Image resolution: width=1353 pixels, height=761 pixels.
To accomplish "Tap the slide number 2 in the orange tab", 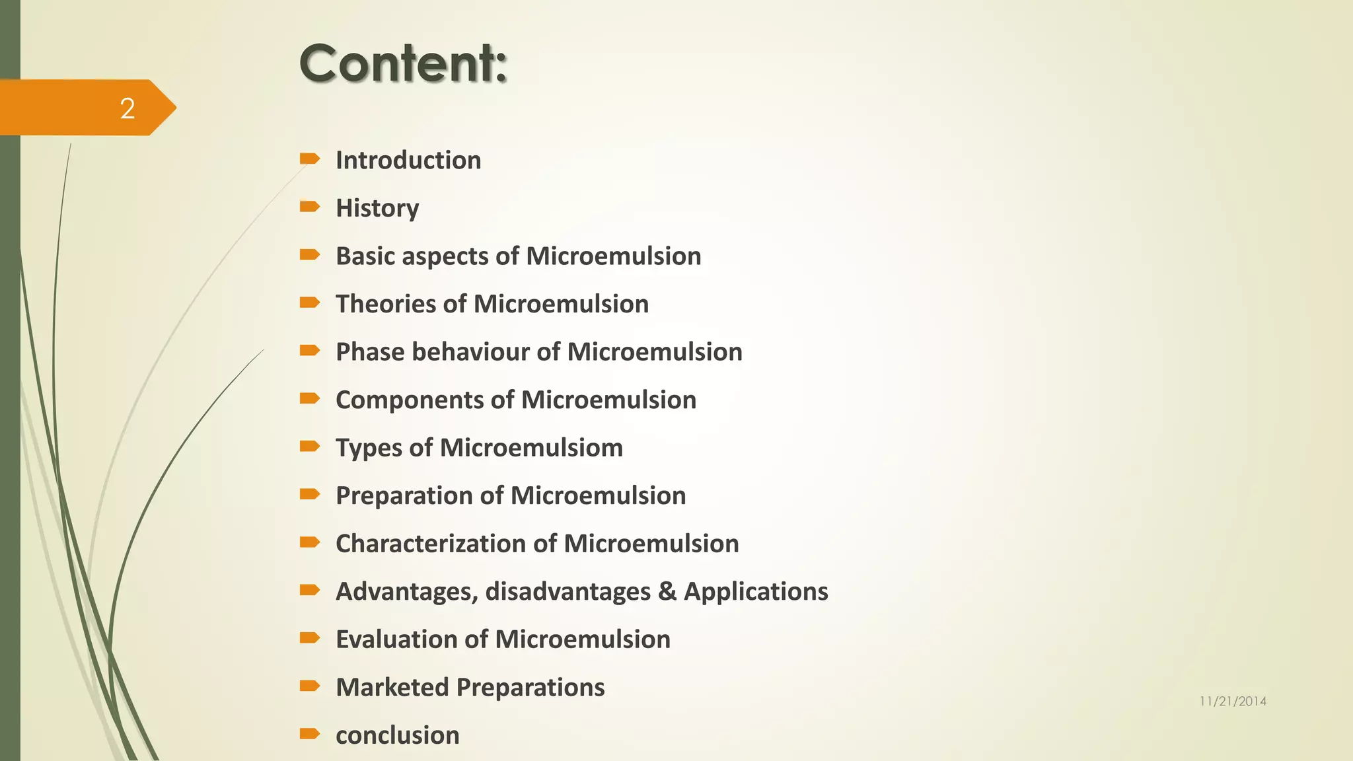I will tap(128, 108).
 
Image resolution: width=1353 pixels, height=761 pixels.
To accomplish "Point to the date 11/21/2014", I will tap(1233, 702).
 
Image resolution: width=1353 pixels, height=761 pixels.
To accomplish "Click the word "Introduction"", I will tap(408, 161).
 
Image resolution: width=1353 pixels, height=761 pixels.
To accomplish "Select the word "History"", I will tap(377, 208).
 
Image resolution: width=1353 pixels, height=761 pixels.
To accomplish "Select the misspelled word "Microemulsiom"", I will tap(531, 448).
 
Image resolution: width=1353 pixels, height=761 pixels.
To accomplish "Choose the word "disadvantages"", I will tap(567, 591).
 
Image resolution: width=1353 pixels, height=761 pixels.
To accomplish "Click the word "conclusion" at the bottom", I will tap(398, 735).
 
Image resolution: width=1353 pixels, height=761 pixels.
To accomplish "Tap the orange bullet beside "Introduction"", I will tap(309, 159).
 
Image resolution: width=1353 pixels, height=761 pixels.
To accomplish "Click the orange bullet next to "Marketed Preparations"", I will tap(309, 686).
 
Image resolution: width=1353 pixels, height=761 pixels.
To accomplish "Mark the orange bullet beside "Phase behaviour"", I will tap(309, 350).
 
